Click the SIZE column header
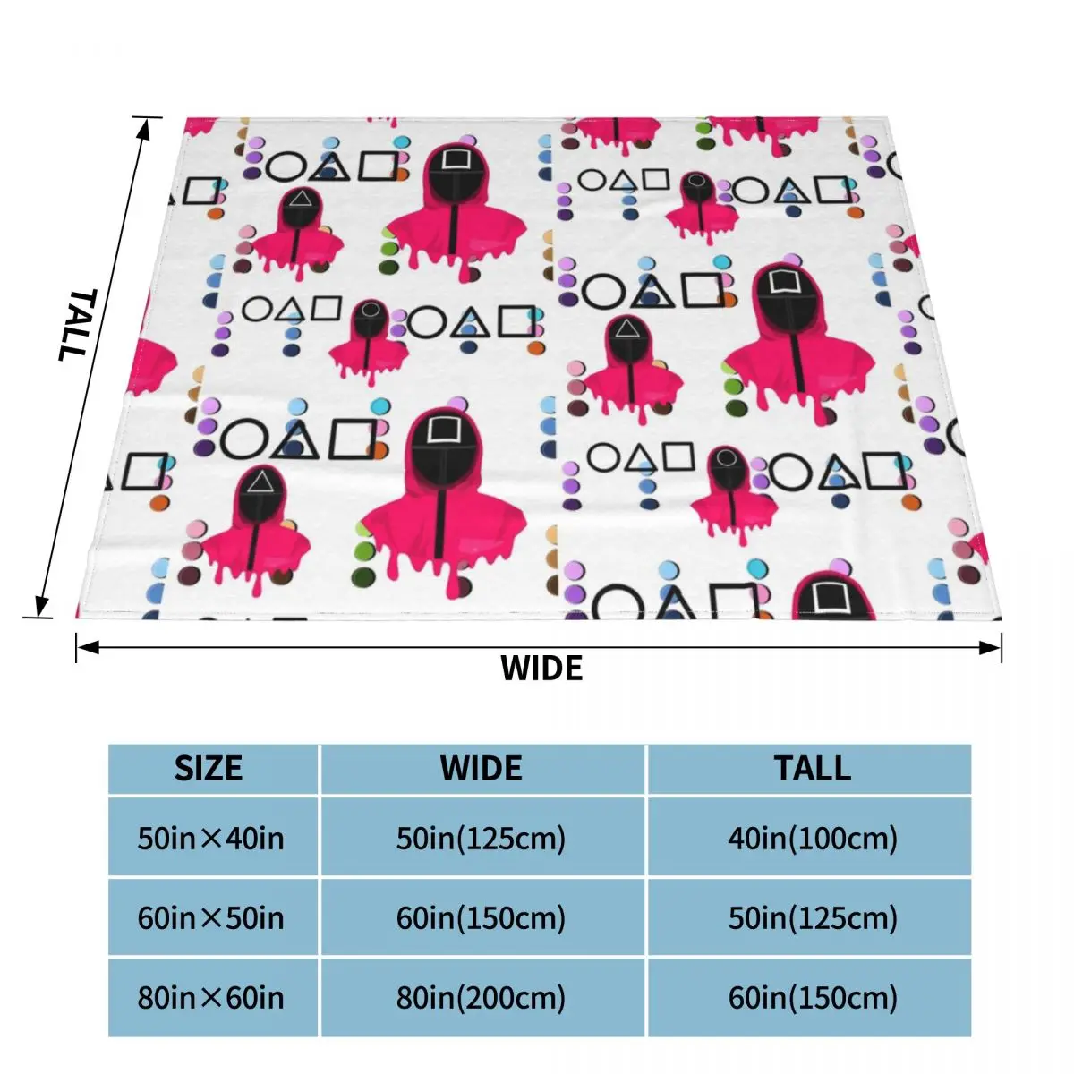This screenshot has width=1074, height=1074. [x=209, y=769]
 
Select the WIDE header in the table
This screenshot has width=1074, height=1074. [x=482, y=769]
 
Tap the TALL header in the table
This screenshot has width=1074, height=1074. [x=813, y=769]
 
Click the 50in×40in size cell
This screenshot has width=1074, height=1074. [x=211, y=839]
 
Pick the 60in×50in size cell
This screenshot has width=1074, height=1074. [x=211, y=918]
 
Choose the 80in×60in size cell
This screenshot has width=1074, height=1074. [x=211, y=998]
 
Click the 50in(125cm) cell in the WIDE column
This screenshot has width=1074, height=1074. [x=482, y=839]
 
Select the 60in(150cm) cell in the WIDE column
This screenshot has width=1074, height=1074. [x=482, y=918]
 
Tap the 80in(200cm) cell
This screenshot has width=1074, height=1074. [x=482, y=998]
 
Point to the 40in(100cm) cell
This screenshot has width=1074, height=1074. [x=813, y=839]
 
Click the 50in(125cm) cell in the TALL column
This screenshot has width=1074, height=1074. [x=813, y=918]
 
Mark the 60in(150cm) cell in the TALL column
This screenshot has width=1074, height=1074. [x=813, y=998]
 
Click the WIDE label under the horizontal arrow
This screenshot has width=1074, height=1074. [x=541, y=669]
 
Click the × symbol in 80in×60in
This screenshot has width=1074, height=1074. [x=211, y=999]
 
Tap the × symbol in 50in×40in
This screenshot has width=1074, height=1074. [x=211, y=840]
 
